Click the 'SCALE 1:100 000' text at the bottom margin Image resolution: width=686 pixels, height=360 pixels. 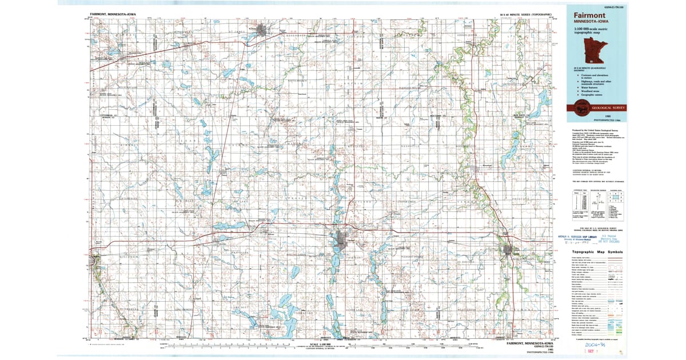tap(320, 344)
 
